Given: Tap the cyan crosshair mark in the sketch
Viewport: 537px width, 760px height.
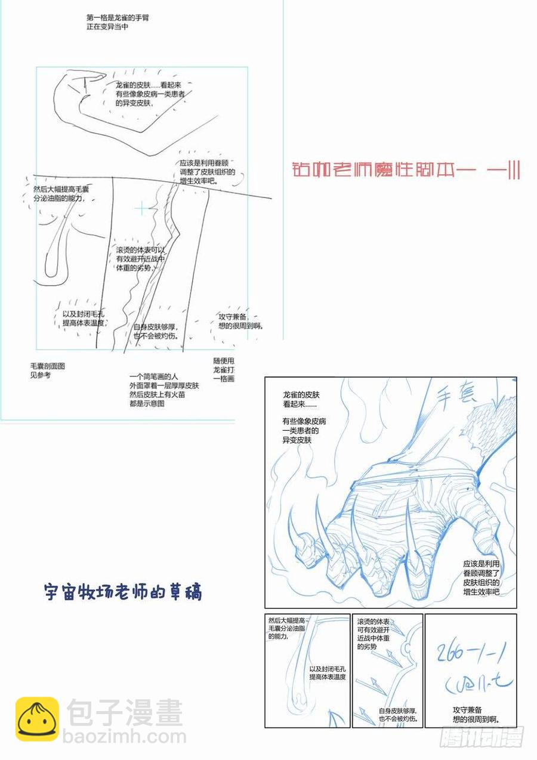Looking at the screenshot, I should click(141, 208).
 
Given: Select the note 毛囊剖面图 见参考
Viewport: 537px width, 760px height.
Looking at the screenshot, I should click(48, 370).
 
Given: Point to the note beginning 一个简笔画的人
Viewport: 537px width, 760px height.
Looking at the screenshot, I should click(164, 390).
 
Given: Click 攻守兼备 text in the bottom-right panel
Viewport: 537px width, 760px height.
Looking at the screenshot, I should click(476, 715).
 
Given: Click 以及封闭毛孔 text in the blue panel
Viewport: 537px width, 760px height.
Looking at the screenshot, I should click(328, 674).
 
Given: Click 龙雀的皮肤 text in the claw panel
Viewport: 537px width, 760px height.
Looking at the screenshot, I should click(302, 400).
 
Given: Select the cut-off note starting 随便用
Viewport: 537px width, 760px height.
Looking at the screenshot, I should click(224, 370).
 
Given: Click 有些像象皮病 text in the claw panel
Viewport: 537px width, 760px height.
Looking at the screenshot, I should click(305, 430).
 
